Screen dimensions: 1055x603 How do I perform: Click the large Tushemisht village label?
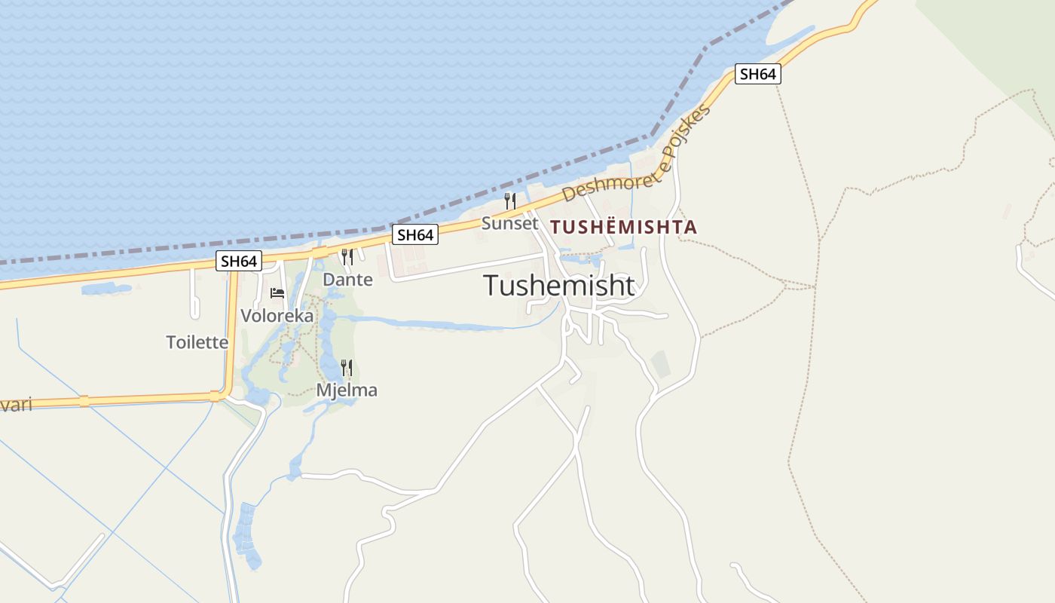point(558,286)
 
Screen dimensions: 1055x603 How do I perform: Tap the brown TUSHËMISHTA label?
point(623,227)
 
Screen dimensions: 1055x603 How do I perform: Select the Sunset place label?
point(510,224)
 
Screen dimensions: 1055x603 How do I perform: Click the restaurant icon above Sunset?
point(510,201)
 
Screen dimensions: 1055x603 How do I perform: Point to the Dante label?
point(347,280)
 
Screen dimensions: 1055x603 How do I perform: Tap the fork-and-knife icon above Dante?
point(347,257)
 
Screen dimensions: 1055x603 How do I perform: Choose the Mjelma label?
point(347,390)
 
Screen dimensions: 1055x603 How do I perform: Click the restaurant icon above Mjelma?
point(347,368)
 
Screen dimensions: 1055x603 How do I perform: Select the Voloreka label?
point(277,316)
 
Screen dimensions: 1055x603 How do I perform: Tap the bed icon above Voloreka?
point(277,293)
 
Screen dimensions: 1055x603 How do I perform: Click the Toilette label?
point(197,342)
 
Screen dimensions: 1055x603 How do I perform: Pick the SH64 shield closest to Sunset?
point(415,235)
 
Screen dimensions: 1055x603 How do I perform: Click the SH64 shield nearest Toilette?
point(239,262)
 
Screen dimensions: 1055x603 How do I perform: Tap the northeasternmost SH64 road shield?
point(757,74)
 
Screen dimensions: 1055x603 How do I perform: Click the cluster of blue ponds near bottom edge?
point(247,535)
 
